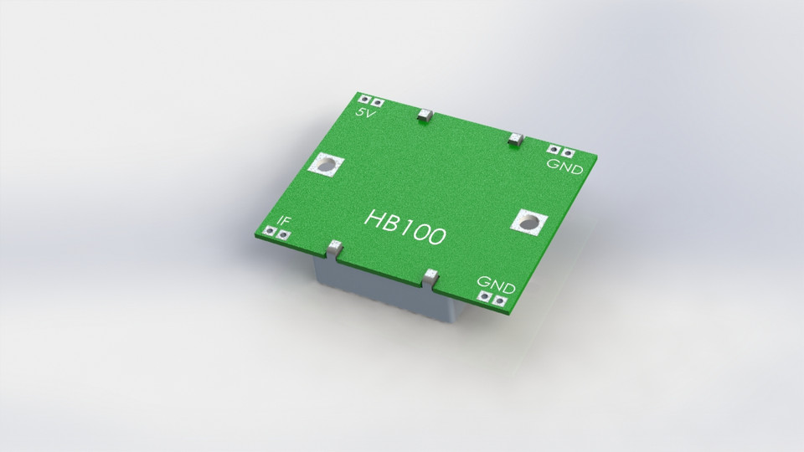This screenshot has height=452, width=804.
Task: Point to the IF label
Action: click(x=285, y=222)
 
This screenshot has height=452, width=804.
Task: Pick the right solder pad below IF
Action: click(x=285, y=236)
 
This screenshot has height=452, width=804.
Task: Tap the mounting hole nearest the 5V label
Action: click(x=323, y=166)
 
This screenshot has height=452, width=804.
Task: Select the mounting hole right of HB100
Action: click(x=528, y=223)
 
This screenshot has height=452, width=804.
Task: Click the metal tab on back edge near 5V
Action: click(x=424, y=115)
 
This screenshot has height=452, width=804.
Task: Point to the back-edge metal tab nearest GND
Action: click(x=516, y=138)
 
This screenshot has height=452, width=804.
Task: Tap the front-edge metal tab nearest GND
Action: click(x=431, y=277)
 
